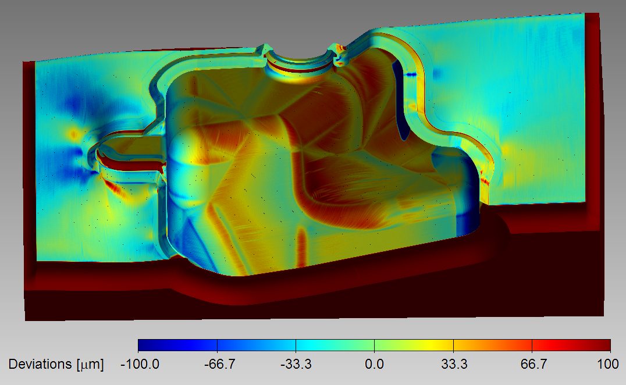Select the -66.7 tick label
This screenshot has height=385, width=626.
point(217,365)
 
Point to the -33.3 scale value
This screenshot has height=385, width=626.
point(296,365)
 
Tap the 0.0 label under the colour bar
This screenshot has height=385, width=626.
point(374,365)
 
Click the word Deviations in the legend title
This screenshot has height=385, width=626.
point(40,365)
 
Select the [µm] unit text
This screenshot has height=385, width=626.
point(90,365)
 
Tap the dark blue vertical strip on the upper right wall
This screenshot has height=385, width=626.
point(399,99)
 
